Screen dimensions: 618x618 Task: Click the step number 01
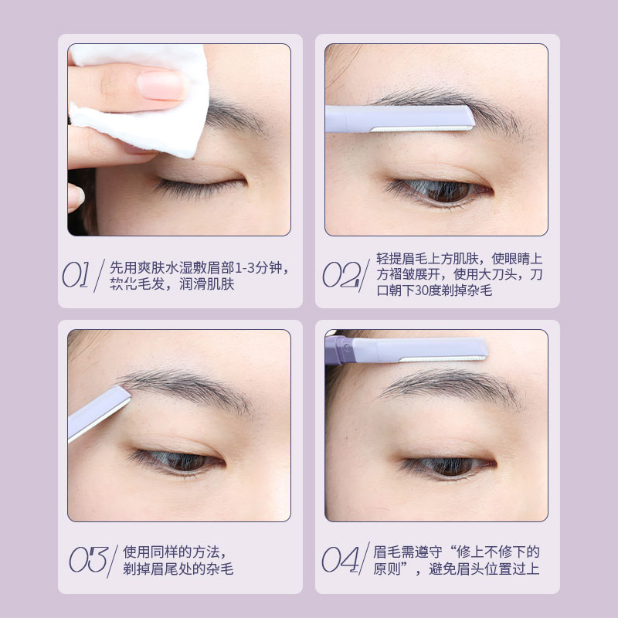tap(77, 275)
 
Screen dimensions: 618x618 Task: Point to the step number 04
tap(341, 560)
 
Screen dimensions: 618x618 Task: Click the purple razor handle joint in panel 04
tap(339, 350)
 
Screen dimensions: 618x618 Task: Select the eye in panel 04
tap(448, 467)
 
